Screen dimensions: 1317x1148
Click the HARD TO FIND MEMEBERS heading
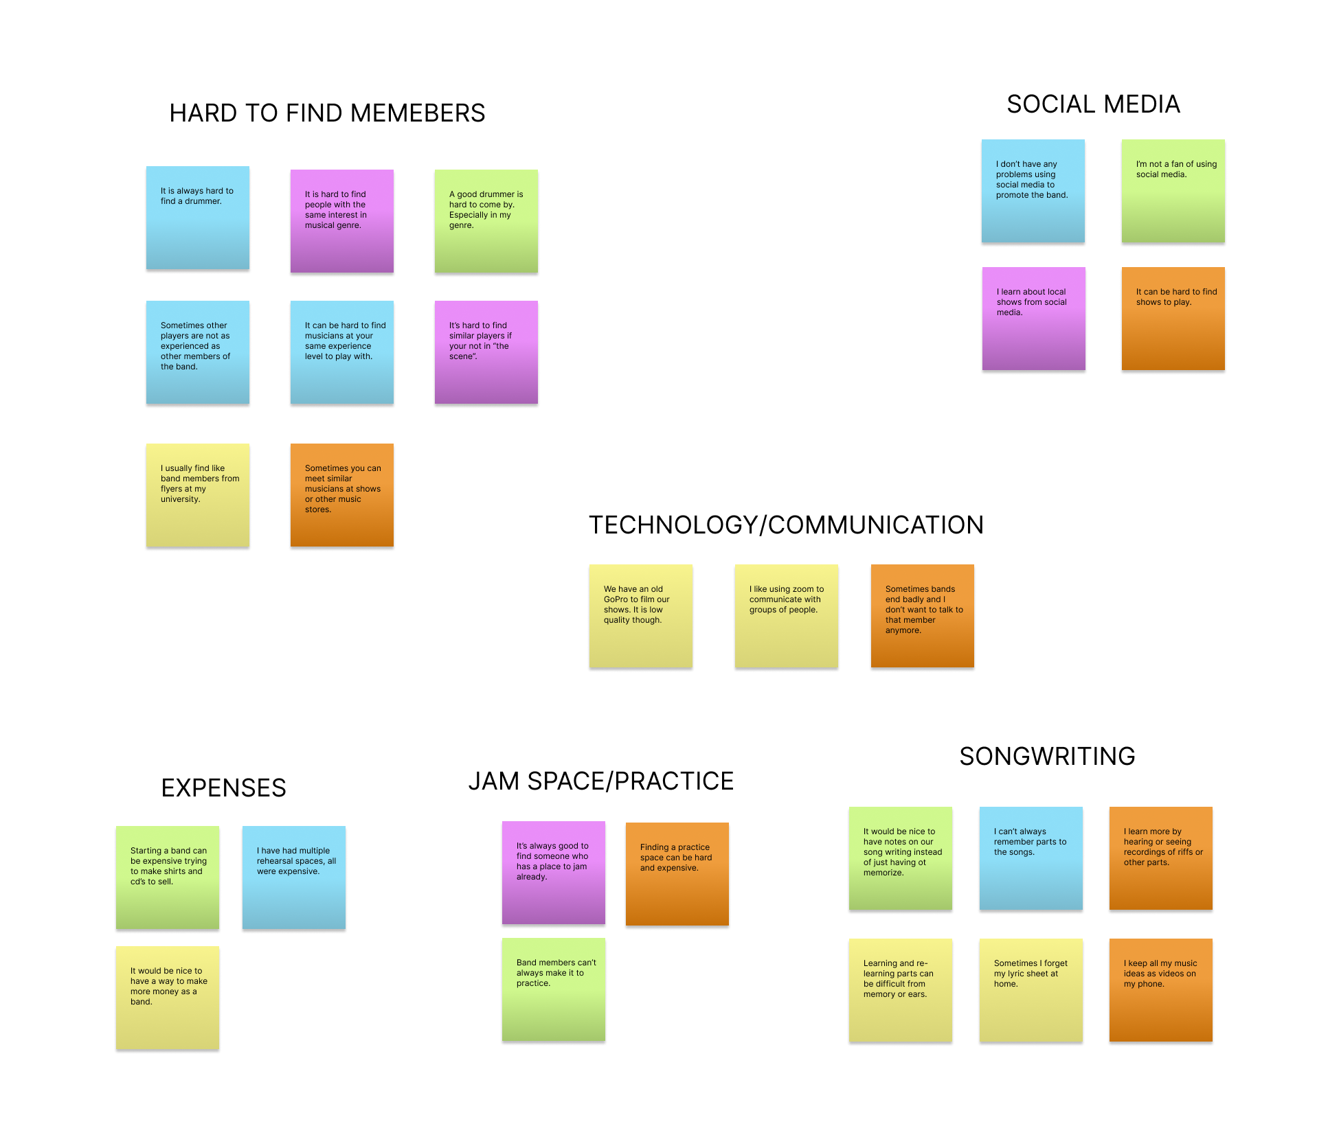click(x=327, y=113)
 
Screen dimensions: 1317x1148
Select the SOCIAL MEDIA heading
click(x=1093, y=104)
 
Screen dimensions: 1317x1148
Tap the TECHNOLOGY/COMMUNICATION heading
click(x=786, y=525)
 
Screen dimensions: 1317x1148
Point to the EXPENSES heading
click(x=223, y=788)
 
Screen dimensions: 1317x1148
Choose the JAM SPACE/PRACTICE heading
click(x=600, y=781)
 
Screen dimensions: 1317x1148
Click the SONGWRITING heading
click(x=1047, y=757)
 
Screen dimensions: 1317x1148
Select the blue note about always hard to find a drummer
click(x=198, y=218)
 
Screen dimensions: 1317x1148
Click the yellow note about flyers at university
click(x=198, y=495)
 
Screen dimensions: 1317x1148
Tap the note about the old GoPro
click(x=640, y=616)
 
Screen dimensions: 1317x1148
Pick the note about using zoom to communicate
click(x=786, y=616)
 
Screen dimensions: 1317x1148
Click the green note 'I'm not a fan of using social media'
click(x=1173, y=191)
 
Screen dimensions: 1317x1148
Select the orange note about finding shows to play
click(x=1173, y=319)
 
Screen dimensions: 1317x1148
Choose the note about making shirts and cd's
click(x=168, y=877)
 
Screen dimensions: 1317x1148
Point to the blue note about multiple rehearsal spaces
click(x=294, y=877)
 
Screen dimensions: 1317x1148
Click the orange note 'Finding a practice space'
click(x=677, y=874)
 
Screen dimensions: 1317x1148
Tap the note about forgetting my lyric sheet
click(x=1031, y=990)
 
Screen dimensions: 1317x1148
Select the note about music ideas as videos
click(x=1160, y=990)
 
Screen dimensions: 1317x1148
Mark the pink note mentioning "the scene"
click(x=486, y=352)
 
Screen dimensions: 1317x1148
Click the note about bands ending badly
click(x=922, y=616)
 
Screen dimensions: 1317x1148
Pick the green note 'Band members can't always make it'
click(x=554, y=989)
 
